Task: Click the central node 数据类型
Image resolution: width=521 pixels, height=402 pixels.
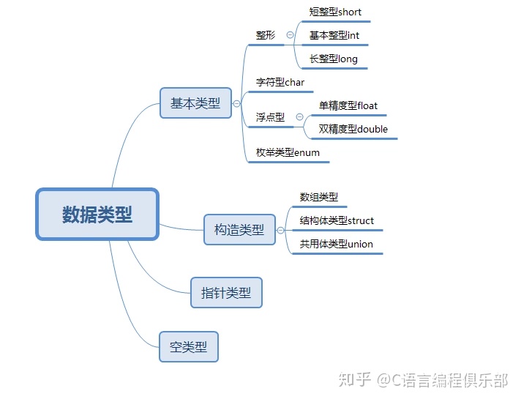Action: point(97,215)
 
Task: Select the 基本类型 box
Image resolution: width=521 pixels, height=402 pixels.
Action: point(195,103)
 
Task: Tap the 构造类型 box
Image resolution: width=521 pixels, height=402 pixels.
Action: point(239,229)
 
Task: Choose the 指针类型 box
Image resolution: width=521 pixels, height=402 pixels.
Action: point(226,293)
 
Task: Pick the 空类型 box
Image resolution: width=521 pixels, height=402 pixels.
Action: point(189,346)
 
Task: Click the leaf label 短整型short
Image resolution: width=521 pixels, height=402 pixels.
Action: point(335,12)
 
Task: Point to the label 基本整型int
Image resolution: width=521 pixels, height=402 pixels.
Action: point(334,35)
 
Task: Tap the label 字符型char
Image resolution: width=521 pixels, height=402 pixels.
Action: point(280,82)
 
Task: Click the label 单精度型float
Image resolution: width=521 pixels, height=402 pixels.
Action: point(348,105)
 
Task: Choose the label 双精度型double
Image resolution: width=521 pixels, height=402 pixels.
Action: point(353,129)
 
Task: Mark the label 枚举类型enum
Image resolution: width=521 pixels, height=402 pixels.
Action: point(288,152)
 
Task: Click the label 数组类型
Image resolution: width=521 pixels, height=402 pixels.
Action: point(318,197)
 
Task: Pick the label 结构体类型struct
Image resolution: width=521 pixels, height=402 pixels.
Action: point(337,220)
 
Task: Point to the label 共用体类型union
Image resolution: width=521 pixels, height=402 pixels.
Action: point(336,244)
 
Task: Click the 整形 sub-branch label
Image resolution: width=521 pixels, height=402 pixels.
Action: point(266,35)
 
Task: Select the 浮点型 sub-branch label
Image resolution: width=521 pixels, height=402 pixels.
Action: point(270,117)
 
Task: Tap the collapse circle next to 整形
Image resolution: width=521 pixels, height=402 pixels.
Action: point(291,35)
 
